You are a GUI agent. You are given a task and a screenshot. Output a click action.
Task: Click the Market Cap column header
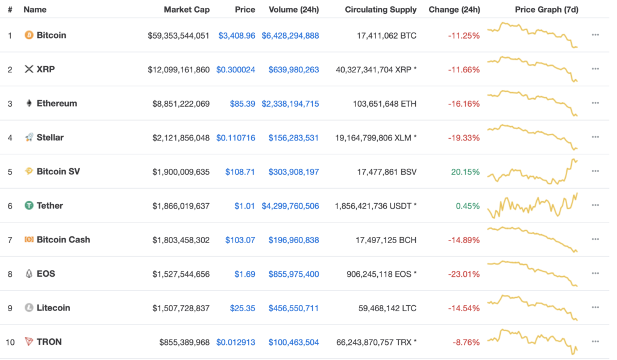click(x=186, y=10)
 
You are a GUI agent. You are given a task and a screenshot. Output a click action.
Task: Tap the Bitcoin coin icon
click(x=28, y=36)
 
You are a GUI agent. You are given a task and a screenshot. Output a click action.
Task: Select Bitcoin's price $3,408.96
click(x=237, y=36)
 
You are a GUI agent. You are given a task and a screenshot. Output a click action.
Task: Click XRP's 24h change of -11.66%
click(x=463, y=70)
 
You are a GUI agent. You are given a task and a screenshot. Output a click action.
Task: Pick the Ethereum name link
click(x=57, y=104)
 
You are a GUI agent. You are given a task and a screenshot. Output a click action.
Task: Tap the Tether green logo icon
click(x=28, y=206)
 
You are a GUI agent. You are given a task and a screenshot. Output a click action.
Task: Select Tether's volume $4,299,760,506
click(x=290, y=206)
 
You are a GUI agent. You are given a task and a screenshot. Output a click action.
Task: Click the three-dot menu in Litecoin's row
click(x=595, y=308)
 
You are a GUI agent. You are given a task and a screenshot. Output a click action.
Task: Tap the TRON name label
click(x=49, y=342)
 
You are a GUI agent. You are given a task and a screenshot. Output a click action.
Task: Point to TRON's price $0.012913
click(x=236, y=342)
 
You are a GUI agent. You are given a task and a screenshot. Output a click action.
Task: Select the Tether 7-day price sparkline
click(x=532, y=206)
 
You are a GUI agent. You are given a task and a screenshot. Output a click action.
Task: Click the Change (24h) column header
click(x=454, y=10)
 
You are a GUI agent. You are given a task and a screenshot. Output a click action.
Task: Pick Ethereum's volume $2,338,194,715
click(x=290, y=104)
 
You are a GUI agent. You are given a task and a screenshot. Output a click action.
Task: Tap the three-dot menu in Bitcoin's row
click(x=595, y=35)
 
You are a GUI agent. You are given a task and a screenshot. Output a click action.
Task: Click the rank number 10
click(x=10, y=342)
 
